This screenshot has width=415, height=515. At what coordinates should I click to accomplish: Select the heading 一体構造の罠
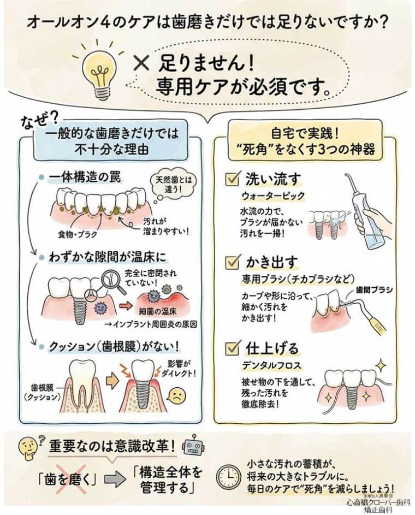[85, 177]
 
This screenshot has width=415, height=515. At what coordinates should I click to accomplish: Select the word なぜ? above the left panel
[41, 122]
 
